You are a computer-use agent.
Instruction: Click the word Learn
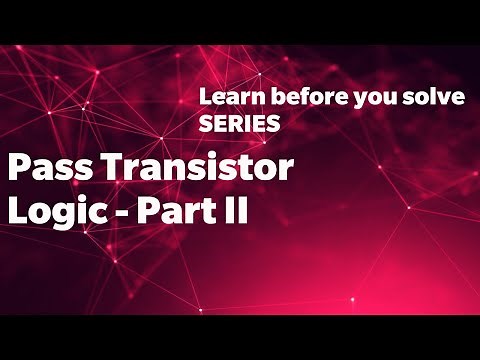(x=223, y=100)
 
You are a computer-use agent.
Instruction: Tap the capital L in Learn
(x=204, y=100)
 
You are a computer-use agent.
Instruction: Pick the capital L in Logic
(x=16, y=212)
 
